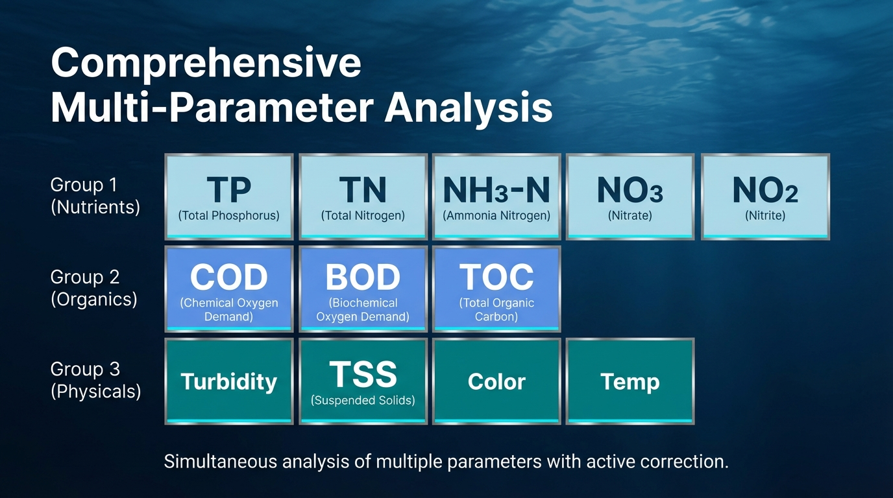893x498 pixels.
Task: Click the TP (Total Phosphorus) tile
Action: (229, 197)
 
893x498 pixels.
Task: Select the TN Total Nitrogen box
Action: (363, 197)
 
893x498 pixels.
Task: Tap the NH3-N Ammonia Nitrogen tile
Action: (496, 197)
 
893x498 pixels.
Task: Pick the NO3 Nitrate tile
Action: (630, 197)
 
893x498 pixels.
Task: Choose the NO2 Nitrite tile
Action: (765, 197)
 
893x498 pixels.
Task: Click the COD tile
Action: (229, 289)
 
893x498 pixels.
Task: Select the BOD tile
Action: (363, 289)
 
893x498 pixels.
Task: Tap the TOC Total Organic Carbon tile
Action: (496, 289)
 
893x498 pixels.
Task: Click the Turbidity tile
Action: (229, 381)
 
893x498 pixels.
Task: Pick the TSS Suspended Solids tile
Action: (363, 381)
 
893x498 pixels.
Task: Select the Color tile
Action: (496, 381)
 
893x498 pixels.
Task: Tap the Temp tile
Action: (630, 381)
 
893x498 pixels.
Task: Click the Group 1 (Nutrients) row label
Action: (95, 196)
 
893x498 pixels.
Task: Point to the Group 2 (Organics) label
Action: (94, 288)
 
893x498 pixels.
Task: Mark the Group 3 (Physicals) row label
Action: (96, 380)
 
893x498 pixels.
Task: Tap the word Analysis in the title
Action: (469, 108)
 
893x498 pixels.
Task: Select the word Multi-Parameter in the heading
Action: (212, 107)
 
